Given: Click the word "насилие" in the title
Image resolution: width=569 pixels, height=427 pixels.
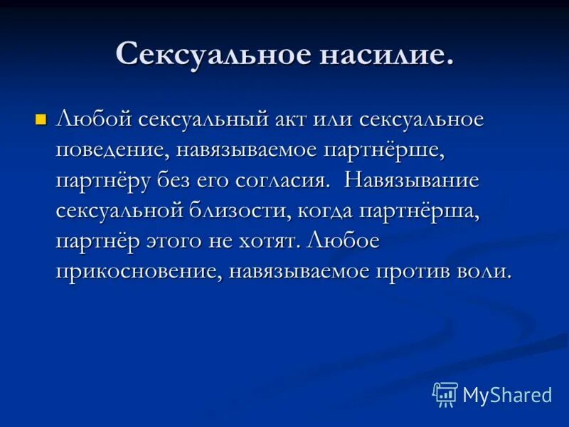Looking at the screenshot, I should click(383, 55).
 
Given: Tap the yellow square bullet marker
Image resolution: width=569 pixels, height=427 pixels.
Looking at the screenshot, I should click(41, 118).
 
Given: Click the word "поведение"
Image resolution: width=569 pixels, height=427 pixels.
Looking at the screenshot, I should click(110, 151).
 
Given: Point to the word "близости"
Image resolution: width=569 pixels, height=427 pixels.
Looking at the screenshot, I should click(265, 211).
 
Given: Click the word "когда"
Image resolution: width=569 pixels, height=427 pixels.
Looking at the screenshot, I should click(348, 211).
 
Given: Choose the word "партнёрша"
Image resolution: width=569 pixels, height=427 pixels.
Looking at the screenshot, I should click(432, 211).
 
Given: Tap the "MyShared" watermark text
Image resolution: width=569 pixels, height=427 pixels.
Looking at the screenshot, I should click(507, 395).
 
